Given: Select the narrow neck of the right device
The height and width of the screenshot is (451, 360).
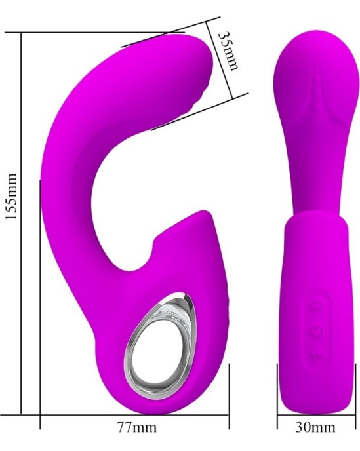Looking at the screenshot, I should pyautogui.click(x=310, y=177).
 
